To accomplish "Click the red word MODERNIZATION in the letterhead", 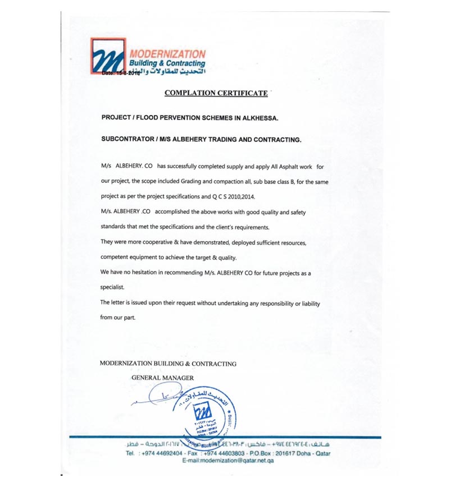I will (167, 54).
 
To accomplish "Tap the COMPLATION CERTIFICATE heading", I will (216, 93).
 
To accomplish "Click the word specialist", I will (112, 288).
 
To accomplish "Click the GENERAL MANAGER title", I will (162, 378).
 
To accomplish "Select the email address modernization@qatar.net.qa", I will (235, 460).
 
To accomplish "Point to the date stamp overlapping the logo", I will (121, 73).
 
